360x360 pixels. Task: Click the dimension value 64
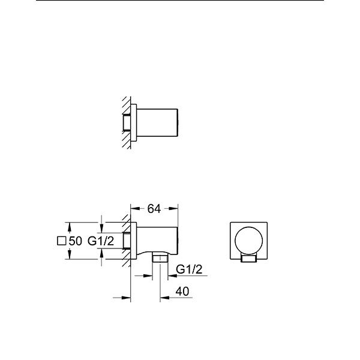pos(154,209)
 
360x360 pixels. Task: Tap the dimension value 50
pos(75,241)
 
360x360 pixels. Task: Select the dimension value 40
pos(182,292)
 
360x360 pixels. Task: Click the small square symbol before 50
pos(62,241)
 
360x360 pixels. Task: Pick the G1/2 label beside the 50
pos(101,241)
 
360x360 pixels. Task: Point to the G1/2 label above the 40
pos(189,269)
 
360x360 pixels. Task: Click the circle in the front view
pos(248,241)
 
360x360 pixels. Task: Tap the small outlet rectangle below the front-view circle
pos(248,259)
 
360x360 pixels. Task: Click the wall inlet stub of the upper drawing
pos(127,122)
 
